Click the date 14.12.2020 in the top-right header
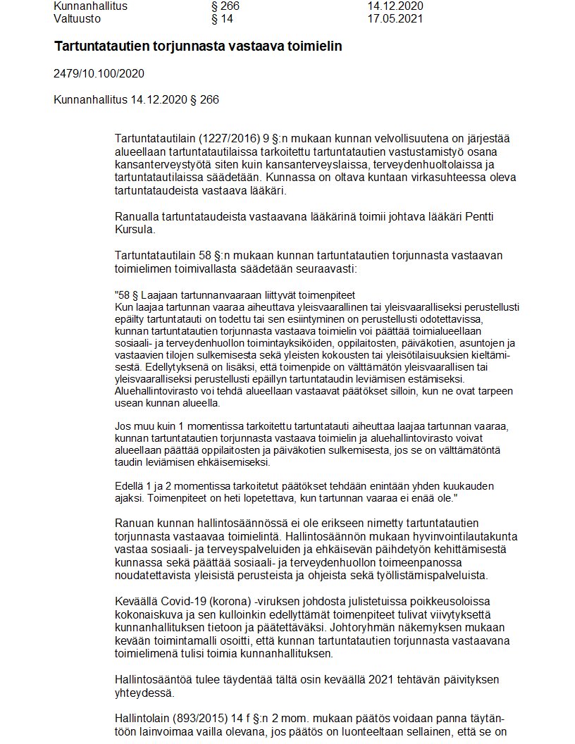click(395, 6)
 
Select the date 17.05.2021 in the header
click(395, 19)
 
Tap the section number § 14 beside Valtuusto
click(222, 19)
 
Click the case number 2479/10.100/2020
click(99, 73)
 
